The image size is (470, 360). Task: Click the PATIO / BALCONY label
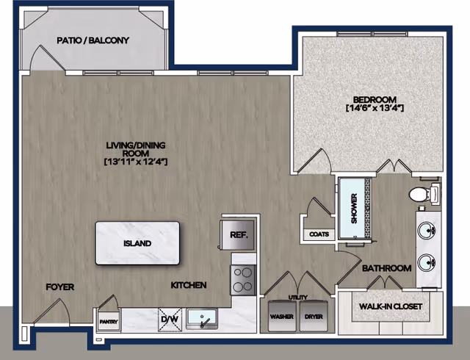pos(93,40)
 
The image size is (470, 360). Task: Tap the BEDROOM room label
pos(375,100)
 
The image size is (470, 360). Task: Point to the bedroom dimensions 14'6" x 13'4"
pos(375,109)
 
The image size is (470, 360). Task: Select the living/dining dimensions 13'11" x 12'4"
pos(137,161)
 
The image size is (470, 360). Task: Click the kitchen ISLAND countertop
pos(137,243)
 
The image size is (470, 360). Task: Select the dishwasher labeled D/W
pos(170,320)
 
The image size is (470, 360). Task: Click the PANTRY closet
pos(104,320)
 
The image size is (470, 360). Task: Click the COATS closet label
pos(318,236)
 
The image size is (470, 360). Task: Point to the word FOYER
pos(60,287)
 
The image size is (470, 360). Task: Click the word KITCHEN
pos(189,285)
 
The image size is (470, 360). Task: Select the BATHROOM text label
pos(386,269)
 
